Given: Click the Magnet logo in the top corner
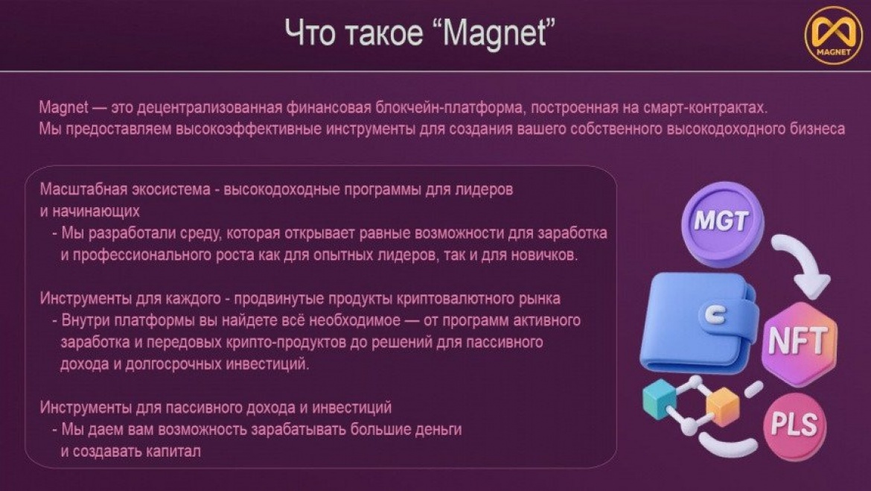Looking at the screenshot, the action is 833,36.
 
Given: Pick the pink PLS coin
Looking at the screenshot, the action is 795,426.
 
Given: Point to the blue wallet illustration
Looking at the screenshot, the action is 699,323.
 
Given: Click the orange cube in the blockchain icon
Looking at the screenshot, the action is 722,407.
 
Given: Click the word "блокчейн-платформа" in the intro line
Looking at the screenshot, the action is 449,107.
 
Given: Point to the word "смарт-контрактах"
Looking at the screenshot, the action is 705,107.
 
